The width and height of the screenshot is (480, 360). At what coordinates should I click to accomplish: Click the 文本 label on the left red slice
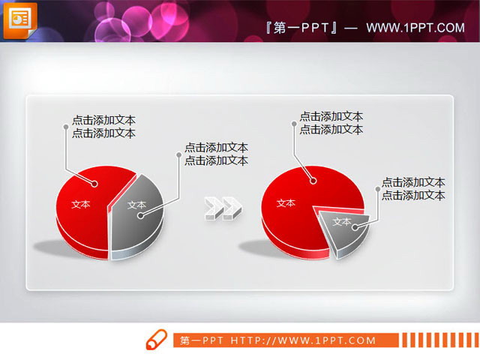click(80, 203)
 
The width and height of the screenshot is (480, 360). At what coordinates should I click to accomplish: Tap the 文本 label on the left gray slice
click(136, 205)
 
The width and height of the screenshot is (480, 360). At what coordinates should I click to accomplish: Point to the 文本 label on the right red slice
click(286, 202)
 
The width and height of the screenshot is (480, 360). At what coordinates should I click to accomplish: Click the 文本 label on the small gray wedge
click(341, 221)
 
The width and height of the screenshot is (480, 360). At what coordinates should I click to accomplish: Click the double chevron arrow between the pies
click(223, 208)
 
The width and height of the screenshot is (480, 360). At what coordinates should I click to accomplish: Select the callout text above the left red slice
click(103, 127)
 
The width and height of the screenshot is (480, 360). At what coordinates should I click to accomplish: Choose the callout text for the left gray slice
click(216, 154)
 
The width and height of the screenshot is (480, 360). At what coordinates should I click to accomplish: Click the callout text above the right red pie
click(331, 123)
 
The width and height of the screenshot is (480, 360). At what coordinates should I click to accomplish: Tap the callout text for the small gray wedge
click(413, 188)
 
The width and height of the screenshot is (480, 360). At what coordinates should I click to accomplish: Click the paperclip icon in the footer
click(155, 339)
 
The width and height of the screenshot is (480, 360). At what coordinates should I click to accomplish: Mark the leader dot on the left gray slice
click(141, 215)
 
